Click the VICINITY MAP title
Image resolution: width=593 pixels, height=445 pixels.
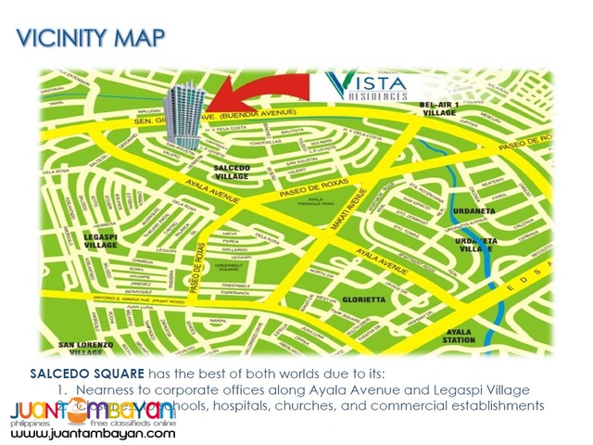point(91,38)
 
